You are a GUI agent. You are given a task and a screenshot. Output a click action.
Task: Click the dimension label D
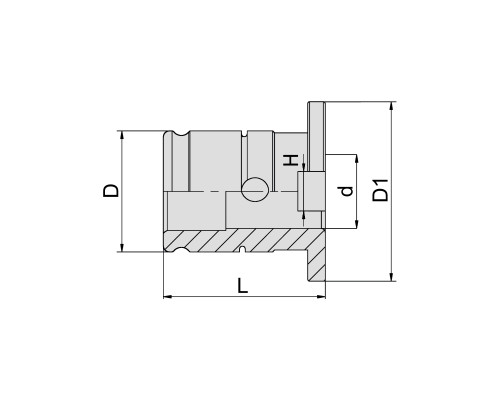click(x=111, y=191)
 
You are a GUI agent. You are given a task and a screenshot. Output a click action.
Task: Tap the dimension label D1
click(x=381, y=190)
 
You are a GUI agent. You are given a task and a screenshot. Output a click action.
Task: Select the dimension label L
click(x=243, y=286)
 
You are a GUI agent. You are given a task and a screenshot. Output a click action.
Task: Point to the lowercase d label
click(x=347, y=191)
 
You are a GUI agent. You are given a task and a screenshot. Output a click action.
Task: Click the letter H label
click(x=291, y=160)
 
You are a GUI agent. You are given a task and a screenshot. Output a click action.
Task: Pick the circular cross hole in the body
click(x=255, y=189)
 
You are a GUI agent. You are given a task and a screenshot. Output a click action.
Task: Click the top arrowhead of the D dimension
click(x=122, y=135)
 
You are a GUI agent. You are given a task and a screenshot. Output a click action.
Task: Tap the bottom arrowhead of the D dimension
click(x=122, y=248)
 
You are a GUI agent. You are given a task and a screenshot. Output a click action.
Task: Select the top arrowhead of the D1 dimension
click(x=392, y=106)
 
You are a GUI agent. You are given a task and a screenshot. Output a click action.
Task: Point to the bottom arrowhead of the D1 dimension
click(x=392, y=277)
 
